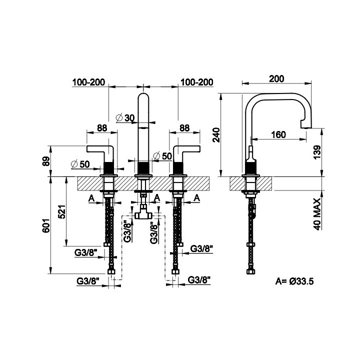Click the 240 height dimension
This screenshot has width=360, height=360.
point(216,135)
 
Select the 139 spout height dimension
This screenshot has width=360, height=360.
point(317,152)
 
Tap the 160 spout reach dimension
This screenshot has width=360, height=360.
point(278,135)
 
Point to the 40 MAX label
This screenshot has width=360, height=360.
point(317,214)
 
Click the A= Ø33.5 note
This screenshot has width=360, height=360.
point(294,281)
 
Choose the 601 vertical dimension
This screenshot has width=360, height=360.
point(46,225)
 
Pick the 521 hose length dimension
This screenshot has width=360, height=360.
point(62,211)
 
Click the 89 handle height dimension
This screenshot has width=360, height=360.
point(46,161)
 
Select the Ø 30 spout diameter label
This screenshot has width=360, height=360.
point(125,118)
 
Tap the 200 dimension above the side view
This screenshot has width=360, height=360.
point(276,79)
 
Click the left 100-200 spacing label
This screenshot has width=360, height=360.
point(88,82)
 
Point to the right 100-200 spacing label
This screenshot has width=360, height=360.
point(197,82)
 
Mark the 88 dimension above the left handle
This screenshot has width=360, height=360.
point(102,128)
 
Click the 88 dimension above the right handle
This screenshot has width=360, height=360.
point(184,128)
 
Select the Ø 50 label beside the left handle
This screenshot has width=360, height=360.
point(80,164)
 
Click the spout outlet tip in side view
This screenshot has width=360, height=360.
point(306,127)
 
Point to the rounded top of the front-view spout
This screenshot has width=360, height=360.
point(143,96)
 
